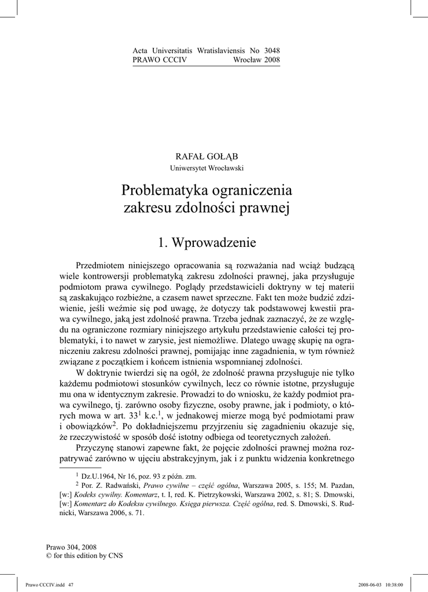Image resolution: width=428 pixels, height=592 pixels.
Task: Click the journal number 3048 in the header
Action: click(x=272, y=51)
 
